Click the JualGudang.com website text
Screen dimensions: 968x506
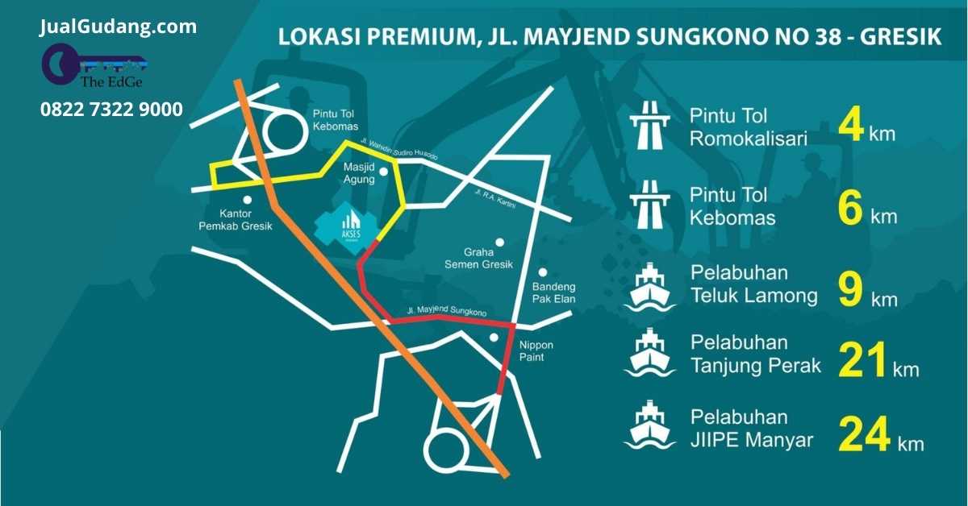click(118, 27)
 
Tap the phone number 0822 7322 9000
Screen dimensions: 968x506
click(111, 110)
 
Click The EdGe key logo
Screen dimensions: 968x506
click(94, 66)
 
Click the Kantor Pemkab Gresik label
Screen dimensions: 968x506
click(236, 220)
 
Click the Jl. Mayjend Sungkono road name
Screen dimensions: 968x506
click(447, 310)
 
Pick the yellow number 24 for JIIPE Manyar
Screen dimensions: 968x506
click(864, 434)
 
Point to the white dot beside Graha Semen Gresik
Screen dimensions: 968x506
click(500, 242)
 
